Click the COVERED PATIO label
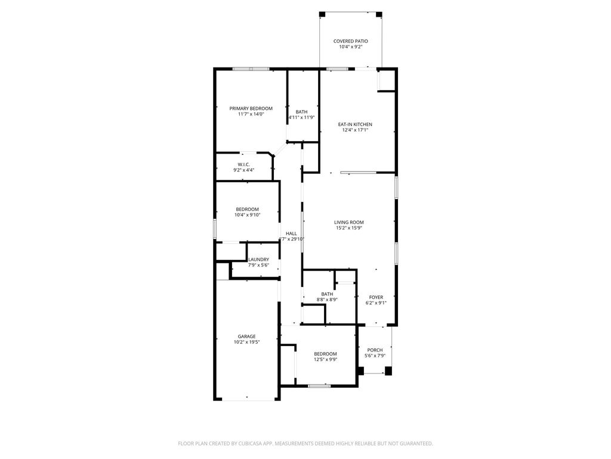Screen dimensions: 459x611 click(x=350, y=41)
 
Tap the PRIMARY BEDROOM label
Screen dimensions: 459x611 click(x=251, y=108)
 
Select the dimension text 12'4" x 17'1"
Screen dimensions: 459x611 click(x=355, y=130)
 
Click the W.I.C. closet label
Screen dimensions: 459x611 click(x=243, y=164)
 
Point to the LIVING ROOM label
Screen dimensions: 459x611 click(x=349, y=222)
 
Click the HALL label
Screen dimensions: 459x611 click(x=291, y=234)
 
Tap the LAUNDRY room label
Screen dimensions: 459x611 click(x=258, y=259)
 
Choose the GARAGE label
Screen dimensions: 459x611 click(x=246, y=336)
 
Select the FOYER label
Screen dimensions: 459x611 click(x=376, y=297)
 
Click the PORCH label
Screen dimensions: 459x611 click(x=375, y=350)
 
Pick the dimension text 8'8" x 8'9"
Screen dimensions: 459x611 click(x=327, y=300)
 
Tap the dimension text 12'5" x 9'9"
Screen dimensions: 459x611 click(x=326, y=360)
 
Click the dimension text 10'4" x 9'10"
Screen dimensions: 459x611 click(x=247, y=215)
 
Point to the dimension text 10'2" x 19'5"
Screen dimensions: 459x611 click(x=246, y=342)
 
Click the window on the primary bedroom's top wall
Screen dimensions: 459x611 click(x=251, y=69)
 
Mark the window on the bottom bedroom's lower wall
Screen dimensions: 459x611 click(x=319, y=386)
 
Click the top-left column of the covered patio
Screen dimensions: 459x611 click(x=322, y=14)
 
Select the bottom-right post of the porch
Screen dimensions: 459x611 click(x=388, y=371)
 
